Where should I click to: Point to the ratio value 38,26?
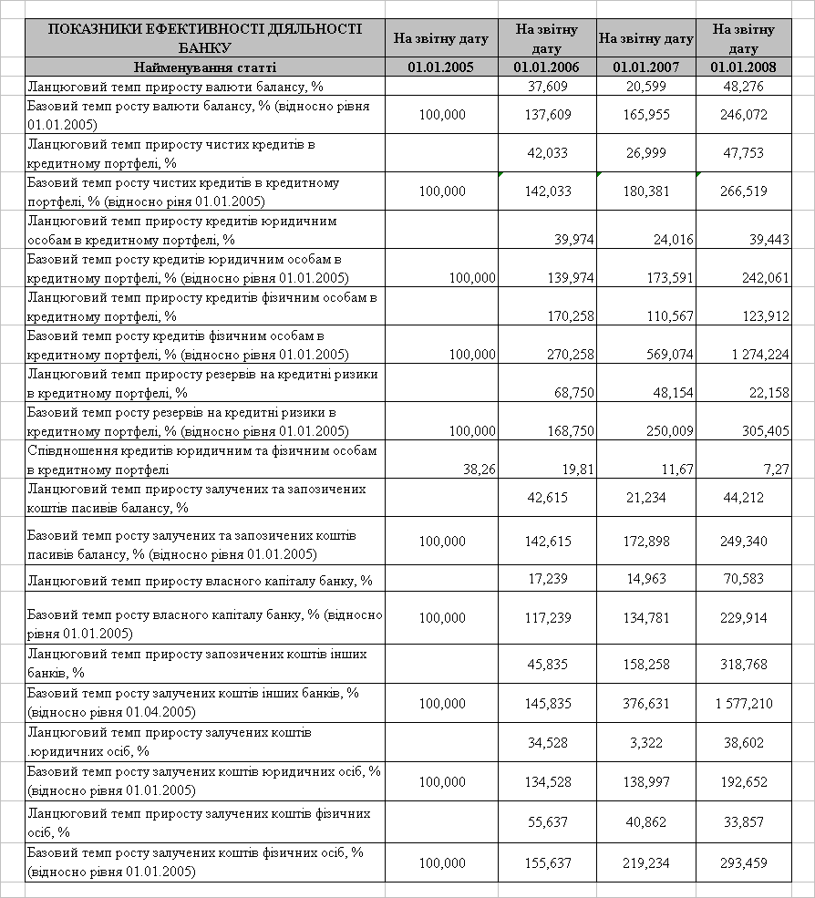coord(476,469)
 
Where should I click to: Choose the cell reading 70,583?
coord(753,579)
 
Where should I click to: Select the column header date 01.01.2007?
coord(645,67)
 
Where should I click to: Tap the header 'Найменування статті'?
coord(204,67)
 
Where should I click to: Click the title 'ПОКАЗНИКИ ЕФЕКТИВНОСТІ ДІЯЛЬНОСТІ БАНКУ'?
coord(204,38)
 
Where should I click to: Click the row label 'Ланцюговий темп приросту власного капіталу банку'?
coord(201,580)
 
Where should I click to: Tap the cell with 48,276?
coord(753,86)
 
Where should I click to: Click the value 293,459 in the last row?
coord(753,862)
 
